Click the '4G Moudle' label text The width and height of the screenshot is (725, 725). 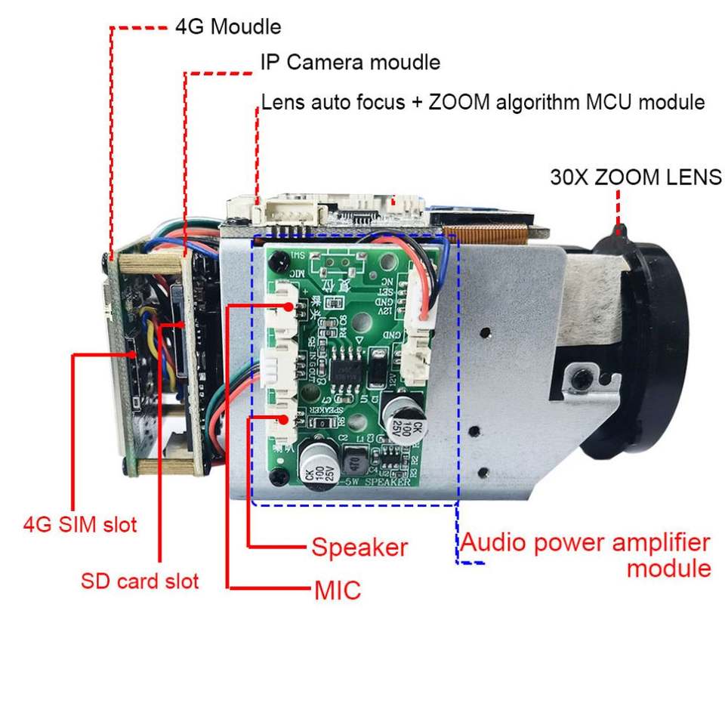[228, 26]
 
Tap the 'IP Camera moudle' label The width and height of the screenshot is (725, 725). [350, 61]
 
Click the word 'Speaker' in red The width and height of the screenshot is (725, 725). [359, 547]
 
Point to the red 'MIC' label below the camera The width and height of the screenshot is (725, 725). [338, 590]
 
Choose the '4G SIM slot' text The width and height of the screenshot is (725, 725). [80, 523]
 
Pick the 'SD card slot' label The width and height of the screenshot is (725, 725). [140, 581]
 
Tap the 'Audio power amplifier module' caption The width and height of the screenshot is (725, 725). [586, 554]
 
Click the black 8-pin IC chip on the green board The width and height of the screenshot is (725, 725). [345, 369]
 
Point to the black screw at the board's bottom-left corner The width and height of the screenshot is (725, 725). [280, 476]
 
